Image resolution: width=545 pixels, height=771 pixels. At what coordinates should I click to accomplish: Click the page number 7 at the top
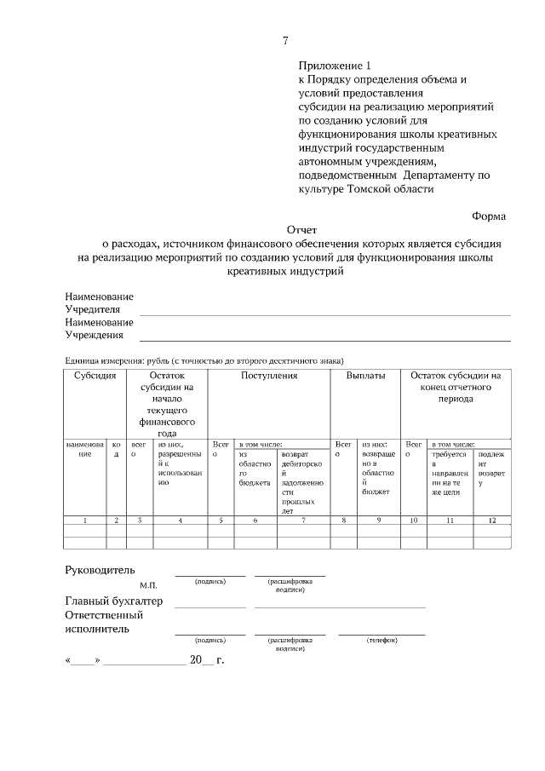(x=285, y=40)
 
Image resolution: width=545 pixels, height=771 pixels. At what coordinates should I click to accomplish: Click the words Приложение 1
(x=336, y=66)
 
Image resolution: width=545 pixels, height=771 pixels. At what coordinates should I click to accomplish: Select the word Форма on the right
(x=489, y=216)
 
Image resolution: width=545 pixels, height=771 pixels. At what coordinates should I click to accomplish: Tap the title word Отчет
(x=301, y=230)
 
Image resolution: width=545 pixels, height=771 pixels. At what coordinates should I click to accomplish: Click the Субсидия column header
(x=95, y=376)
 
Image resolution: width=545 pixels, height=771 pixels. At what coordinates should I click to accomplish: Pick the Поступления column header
(x=269, y=376)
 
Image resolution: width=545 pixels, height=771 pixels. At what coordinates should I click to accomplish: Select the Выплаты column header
(x=366, y=376)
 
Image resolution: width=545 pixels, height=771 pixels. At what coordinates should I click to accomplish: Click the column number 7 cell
(x=303, y=519)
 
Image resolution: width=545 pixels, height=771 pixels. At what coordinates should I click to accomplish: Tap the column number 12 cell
(x=491, y=519)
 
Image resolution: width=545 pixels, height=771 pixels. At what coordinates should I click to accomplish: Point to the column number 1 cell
(x=84, y=519)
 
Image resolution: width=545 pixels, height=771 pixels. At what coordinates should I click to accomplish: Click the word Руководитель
(x=100, y=570)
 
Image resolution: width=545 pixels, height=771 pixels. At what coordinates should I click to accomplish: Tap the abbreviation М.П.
(x=149, y=586)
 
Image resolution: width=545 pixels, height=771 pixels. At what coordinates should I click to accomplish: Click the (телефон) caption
(x=381, y=640)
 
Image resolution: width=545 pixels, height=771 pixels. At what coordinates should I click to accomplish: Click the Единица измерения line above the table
(x=204, y=360)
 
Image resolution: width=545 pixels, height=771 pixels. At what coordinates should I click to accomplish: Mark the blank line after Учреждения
(x=324, y=339)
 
